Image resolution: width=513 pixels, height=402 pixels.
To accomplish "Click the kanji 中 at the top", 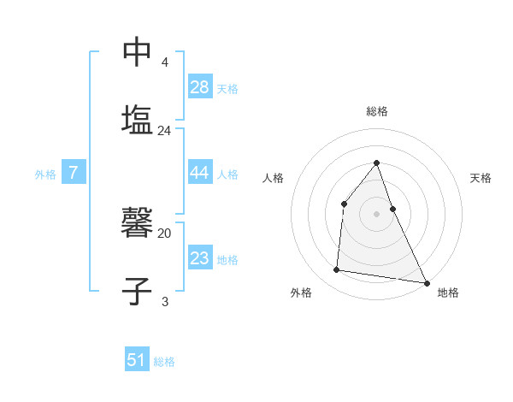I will coord(137,52).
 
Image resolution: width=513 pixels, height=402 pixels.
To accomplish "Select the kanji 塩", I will coord(137,120).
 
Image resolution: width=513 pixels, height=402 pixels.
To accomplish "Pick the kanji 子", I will coord(137,292).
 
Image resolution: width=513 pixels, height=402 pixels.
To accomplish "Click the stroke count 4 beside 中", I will coord(165,62).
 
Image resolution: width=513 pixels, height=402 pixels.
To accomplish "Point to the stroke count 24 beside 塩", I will coord(165,131).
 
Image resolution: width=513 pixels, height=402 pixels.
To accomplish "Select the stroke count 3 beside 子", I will coord(165,302).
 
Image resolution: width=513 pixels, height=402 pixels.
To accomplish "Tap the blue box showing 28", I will coord(200,87).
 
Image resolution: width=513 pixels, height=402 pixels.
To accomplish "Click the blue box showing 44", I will coord(200,173).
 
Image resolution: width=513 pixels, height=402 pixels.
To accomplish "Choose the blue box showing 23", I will coord(200,258).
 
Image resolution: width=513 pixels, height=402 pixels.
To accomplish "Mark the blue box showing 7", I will coord(74,173).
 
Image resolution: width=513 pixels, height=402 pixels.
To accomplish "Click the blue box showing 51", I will coord(137,360).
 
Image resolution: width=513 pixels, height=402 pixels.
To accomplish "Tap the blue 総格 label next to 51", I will coord(164,362).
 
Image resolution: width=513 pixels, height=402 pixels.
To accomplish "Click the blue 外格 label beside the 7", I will coord(45,174).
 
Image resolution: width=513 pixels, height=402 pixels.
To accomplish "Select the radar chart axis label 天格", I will coord(481,178).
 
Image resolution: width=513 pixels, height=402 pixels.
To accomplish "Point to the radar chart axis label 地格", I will coord(448,293).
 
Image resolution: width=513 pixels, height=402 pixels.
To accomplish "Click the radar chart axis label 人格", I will coord(273,178).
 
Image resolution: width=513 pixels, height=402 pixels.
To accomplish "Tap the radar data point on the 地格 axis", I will coord(426,282).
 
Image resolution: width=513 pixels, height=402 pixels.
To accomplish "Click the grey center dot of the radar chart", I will coord(376,214).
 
